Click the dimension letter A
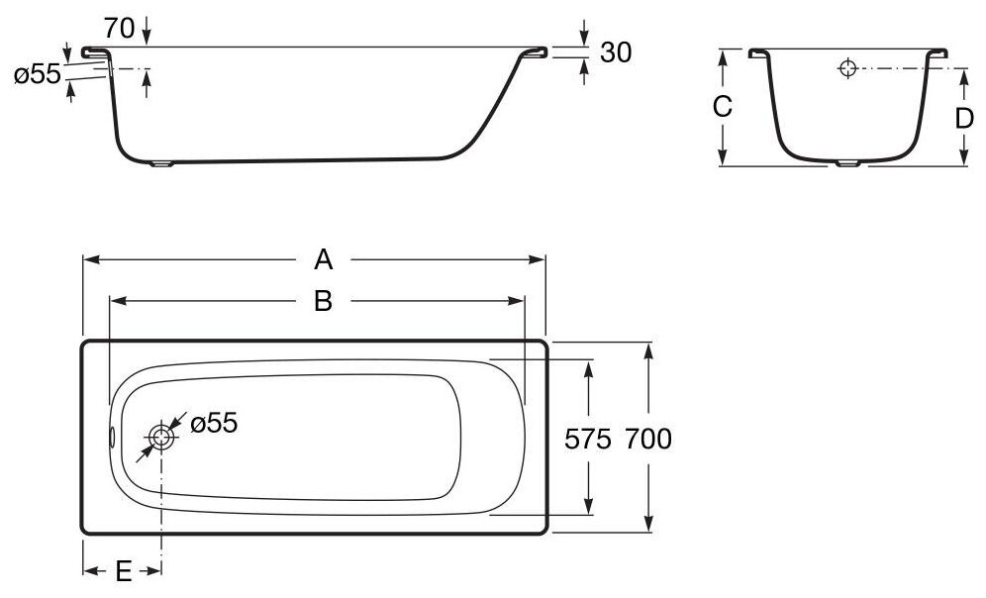point(323,260)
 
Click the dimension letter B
point(323,301)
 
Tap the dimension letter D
point(964,119)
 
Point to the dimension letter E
point(123,571)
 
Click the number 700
point(648,437)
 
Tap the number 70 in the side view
point(119,28)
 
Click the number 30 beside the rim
point(616,51)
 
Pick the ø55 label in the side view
point(38,75)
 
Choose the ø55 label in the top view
point(213,423)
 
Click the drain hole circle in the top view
point(161,435)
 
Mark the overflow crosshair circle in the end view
point(846,69)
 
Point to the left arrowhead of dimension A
point(87,260)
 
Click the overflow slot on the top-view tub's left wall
point(112,436)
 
